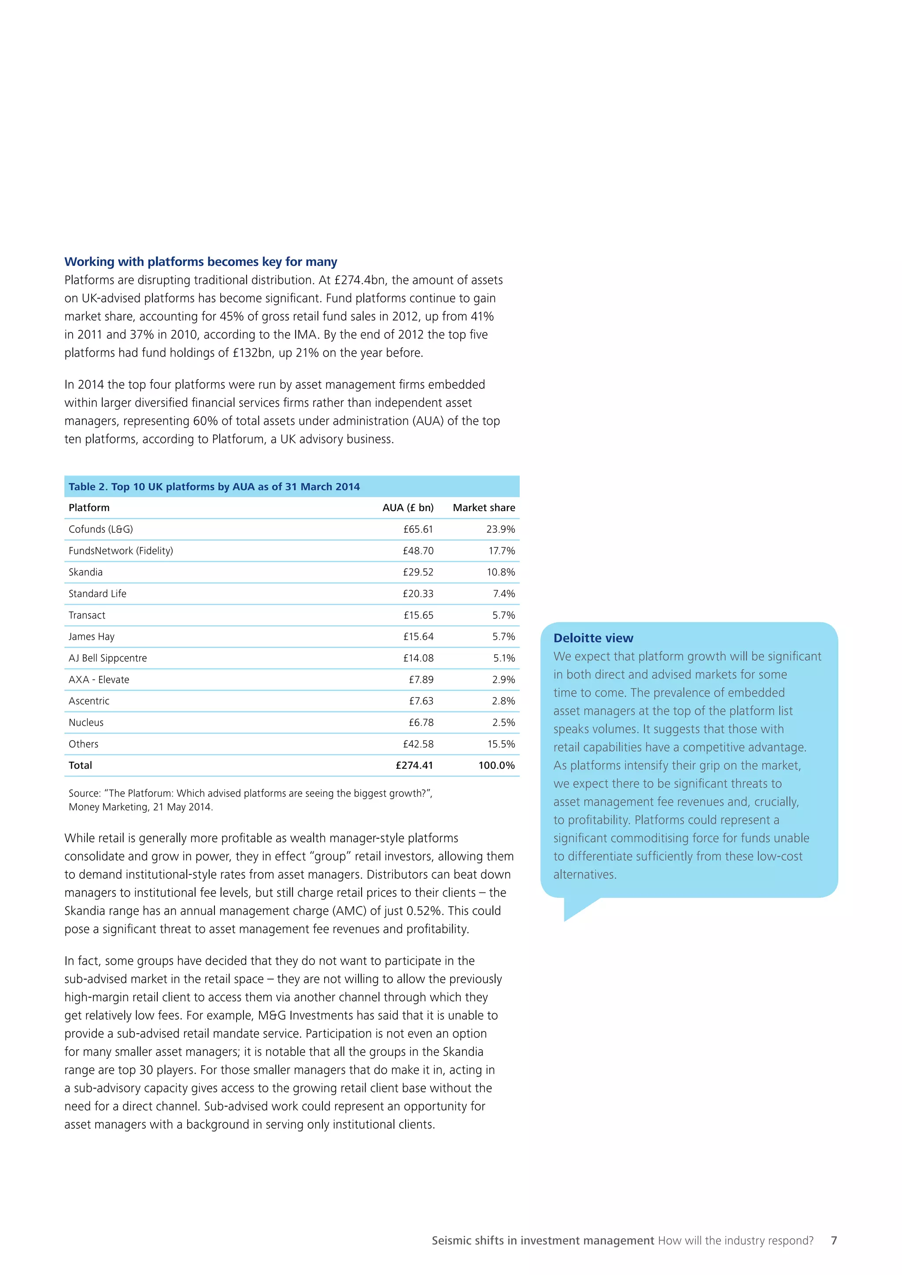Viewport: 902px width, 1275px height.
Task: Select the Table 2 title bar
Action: [x=292, y=486]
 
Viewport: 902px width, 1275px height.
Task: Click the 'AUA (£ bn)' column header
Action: [x=408, y=508]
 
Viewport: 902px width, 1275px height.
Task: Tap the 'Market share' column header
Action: [x=483, y=508]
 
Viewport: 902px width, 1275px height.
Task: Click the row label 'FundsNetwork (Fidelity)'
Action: [x=121, y=551]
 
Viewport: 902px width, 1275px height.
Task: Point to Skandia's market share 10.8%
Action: [x=500, y=572]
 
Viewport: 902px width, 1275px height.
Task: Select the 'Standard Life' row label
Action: [x=97, y=593]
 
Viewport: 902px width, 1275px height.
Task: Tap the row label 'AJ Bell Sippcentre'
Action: [x=108, y=658]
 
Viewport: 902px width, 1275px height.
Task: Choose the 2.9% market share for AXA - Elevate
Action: [x=503, y=680]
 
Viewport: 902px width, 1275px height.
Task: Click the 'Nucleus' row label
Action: [x=86, y=722]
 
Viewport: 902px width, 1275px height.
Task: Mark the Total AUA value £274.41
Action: [x=414, y=765]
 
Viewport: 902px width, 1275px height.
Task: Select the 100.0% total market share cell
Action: [x=496, y=765]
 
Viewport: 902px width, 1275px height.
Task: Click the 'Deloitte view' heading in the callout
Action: [x=593, y=638]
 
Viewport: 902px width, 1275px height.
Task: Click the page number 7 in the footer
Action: [x=833, y=1241]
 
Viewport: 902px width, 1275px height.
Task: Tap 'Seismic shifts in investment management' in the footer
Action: [x=543, y=1241]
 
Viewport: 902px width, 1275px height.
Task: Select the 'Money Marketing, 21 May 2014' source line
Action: [x=140, y=807]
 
